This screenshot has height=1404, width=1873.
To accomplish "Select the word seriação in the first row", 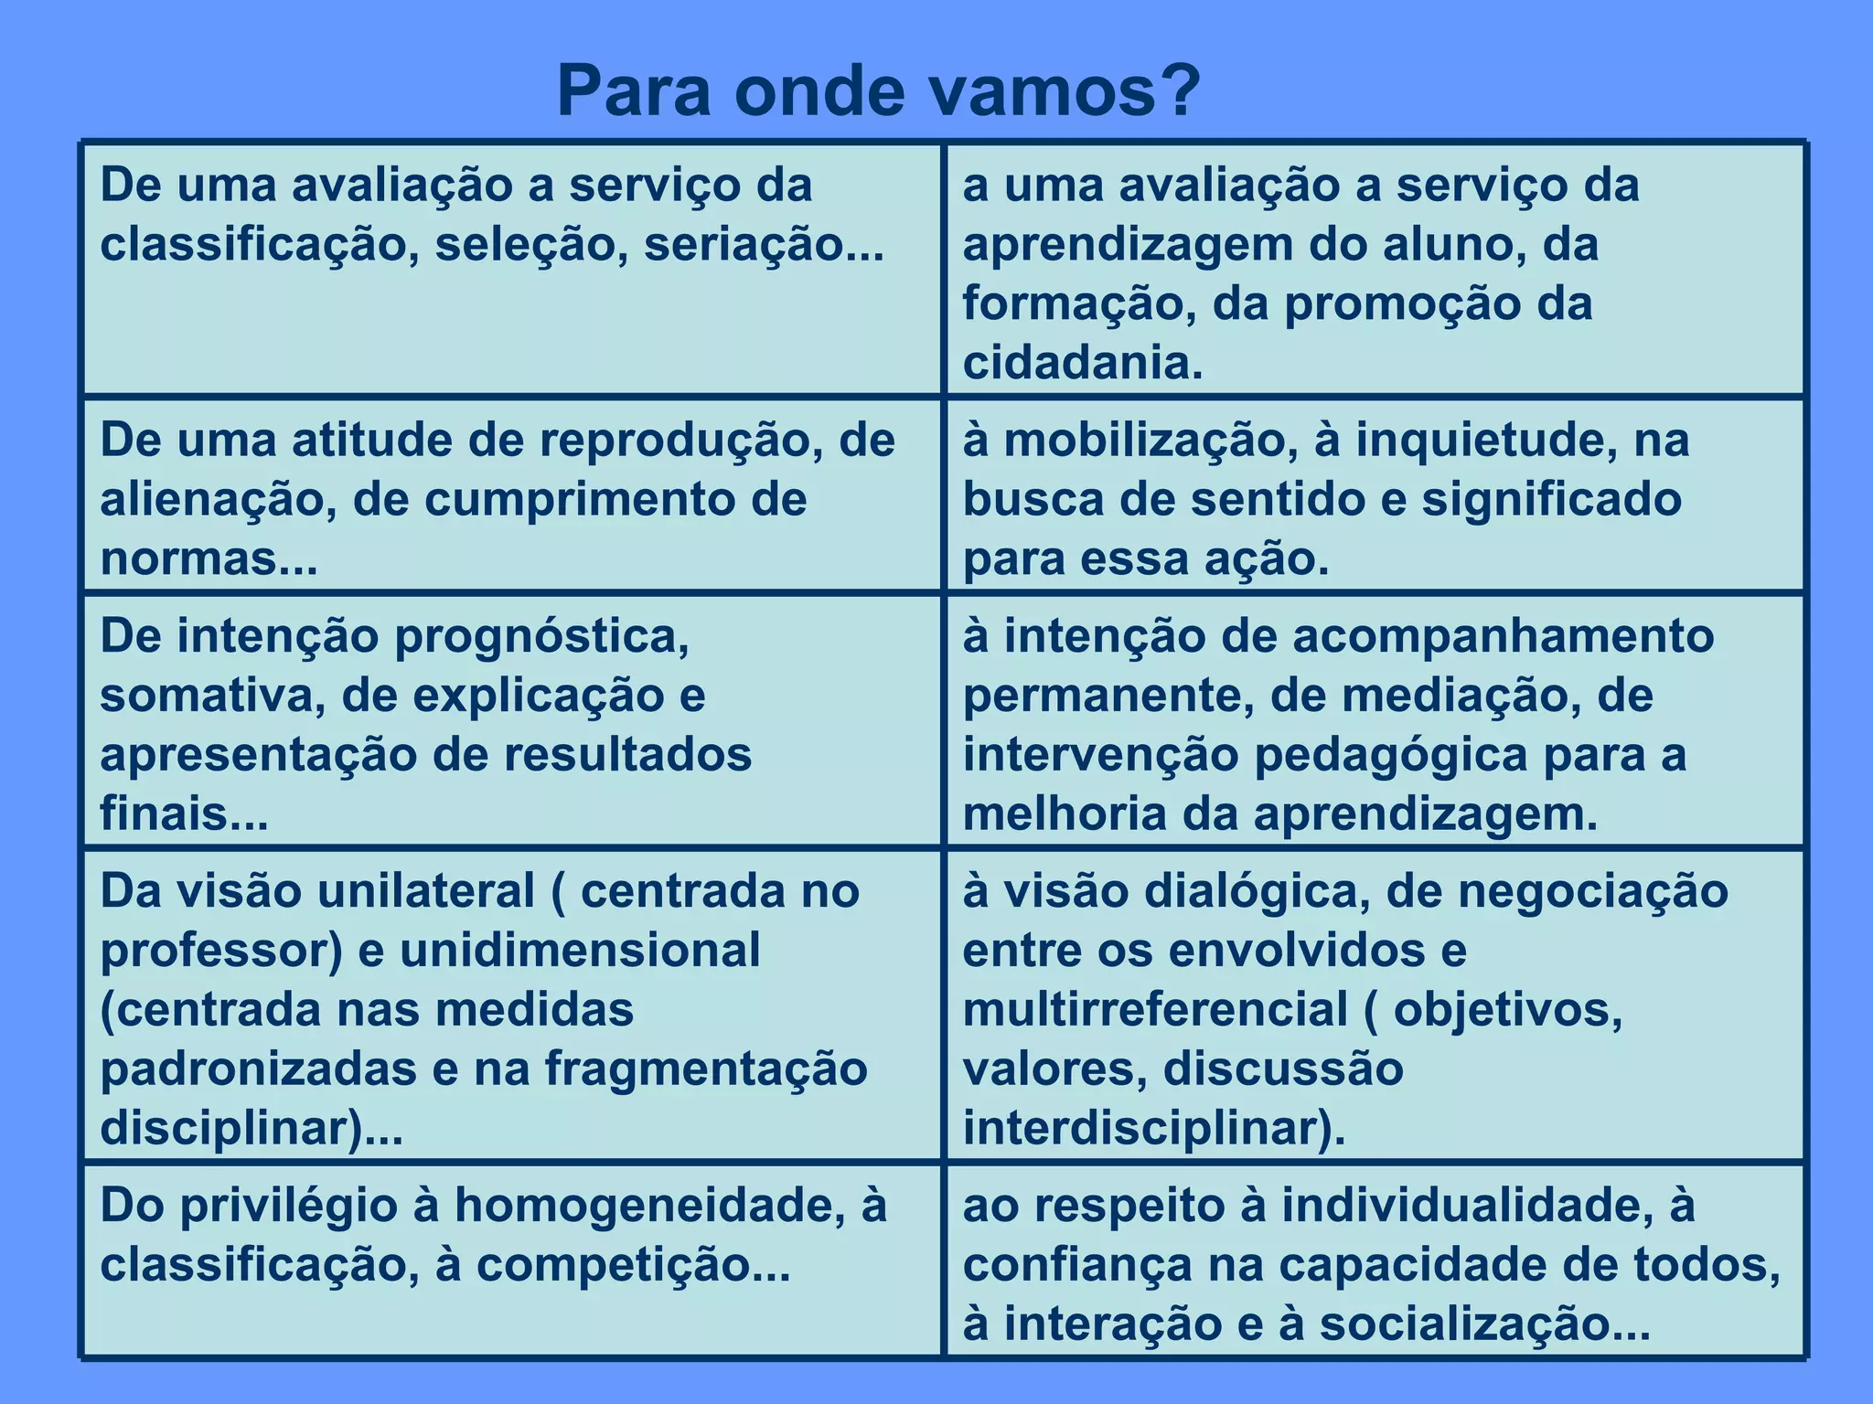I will click(x=765, y=245).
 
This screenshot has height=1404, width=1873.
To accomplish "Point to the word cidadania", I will click(x=1083, y=363).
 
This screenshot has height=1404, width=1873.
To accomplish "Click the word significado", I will click(x=1551, y=500).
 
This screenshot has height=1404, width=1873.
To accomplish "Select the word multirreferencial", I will click(x=1155, y=1010).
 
